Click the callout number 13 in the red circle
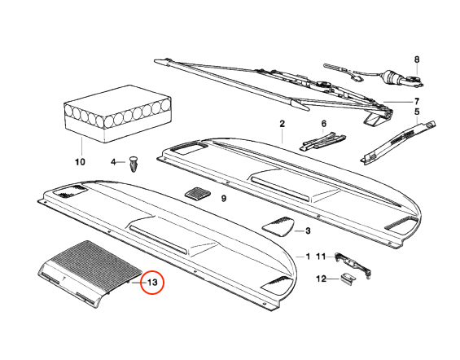(152, 283)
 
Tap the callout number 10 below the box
(80, 161)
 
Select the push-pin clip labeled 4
(134, 164)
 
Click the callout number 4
(113, 162)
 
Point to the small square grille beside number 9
(198, 194)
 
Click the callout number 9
(224, 199)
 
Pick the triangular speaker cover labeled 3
(278, 226)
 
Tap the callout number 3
(308, 230)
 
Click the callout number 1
(308, 257)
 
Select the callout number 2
(282, 124)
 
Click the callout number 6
(323, 124)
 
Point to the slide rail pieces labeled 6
(322, 141)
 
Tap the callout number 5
(417, 112)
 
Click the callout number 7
(417, 102)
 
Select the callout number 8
(417, 59)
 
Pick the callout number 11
(321, 257)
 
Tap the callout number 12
(322, 279)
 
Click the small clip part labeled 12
(348, 278)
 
